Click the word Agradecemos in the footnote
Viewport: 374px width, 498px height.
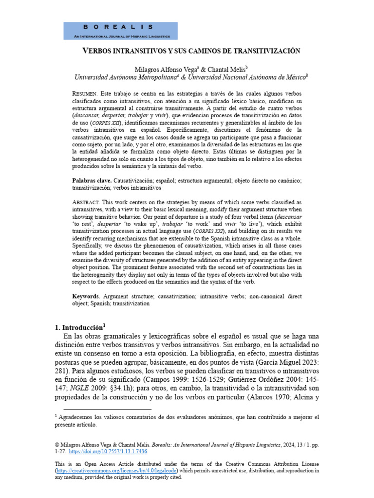point(78,417)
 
